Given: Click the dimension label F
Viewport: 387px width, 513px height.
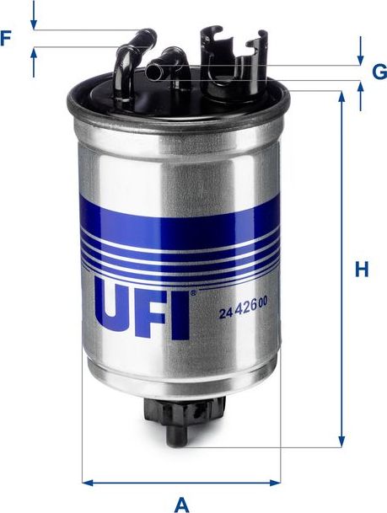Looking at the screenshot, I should coord(8,37).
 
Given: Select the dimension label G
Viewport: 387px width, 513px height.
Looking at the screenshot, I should coord(379,72).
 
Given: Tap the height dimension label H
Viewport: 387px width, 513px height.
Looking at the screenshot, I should coord(362,270).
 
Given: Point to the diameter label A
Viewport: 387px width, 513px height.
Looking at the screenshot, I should coord(180,504).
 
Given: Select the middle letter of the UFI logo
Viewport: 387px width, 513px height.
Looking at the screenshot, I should coord(152,310).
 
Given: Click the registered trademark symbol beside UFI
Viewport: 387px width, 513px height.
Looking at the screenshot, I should coord(192,292).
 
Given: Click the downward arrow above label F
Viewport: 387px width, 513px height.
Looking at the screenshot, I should coord(34,22).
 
